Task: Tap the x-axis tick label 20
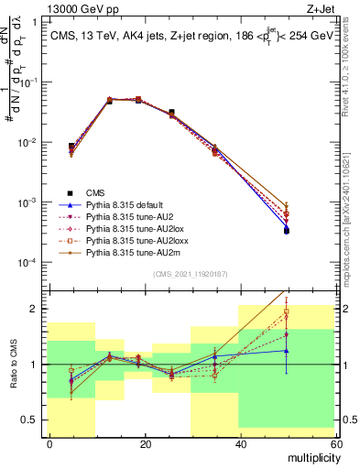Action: [x=145, y=443]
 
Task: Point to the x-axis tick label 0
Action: [x=49, y=443]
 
